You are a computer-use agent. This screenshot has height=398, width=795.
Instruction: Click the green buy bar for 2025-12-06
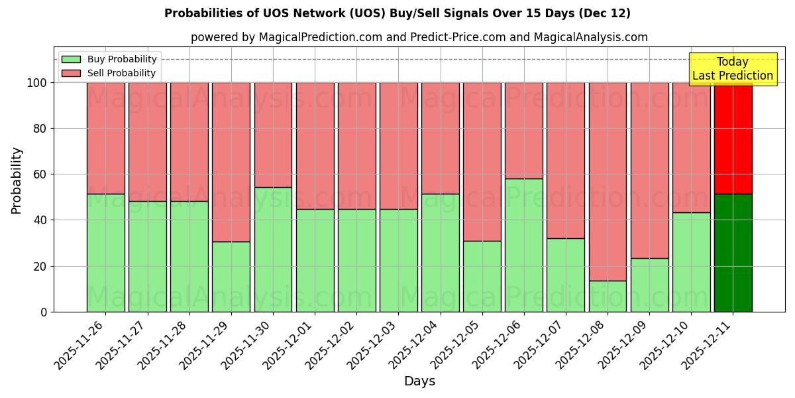(x=523, y=245)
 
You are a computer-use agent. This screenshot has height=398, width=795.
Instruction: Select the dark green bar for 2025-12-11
(x=733, y=253)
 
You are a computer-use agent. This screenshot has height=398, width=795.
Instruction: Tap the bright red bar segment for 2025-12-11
(x=733, y=138)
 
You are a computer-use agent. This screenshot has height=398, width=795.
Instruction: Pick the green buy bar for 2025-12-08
(x=608, y=296)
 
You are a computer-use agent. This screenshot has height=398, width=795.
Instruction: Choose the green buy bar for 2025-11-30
(x=273, y=249)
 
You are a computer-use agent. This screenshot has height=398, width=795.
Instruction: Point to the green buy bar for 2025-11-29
(x=231, y=277)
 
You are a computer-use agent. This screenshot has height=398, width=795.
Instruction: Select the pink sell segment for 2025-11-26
(x=105, y=138)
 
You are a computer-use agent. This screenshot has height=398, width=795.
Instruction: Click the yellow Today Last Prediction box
(x=732, y=69)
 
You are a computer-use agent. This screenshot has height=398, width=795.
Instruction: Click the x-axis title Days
(x=419, y=381)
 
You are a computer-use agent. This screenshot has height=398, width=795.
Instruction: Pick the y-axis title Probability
(x=17, y=180)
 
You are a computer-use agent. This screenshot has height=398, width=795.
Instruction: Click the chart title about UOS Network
(x=397, y=13)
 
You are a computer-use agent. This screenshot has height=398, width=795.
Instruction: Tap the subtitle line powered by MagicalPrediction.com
(x=419, y=37)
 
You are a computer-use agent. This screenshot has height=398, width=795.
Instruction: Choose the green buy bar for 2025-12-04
(x=440, y=253)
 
